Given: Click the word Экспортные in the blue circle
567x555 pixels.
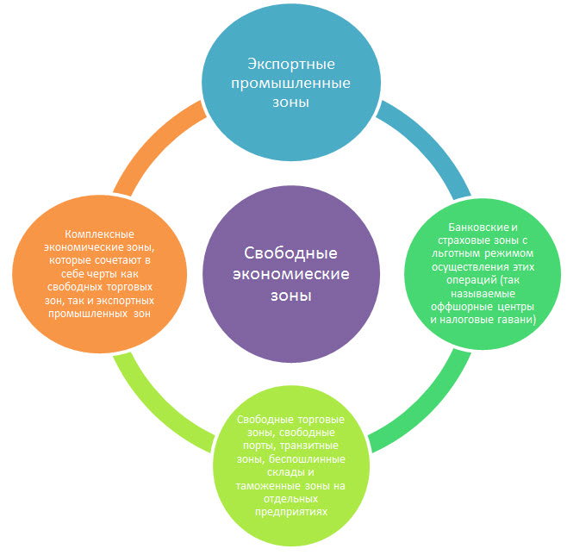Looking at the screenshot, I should click(x=278, y=65).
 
